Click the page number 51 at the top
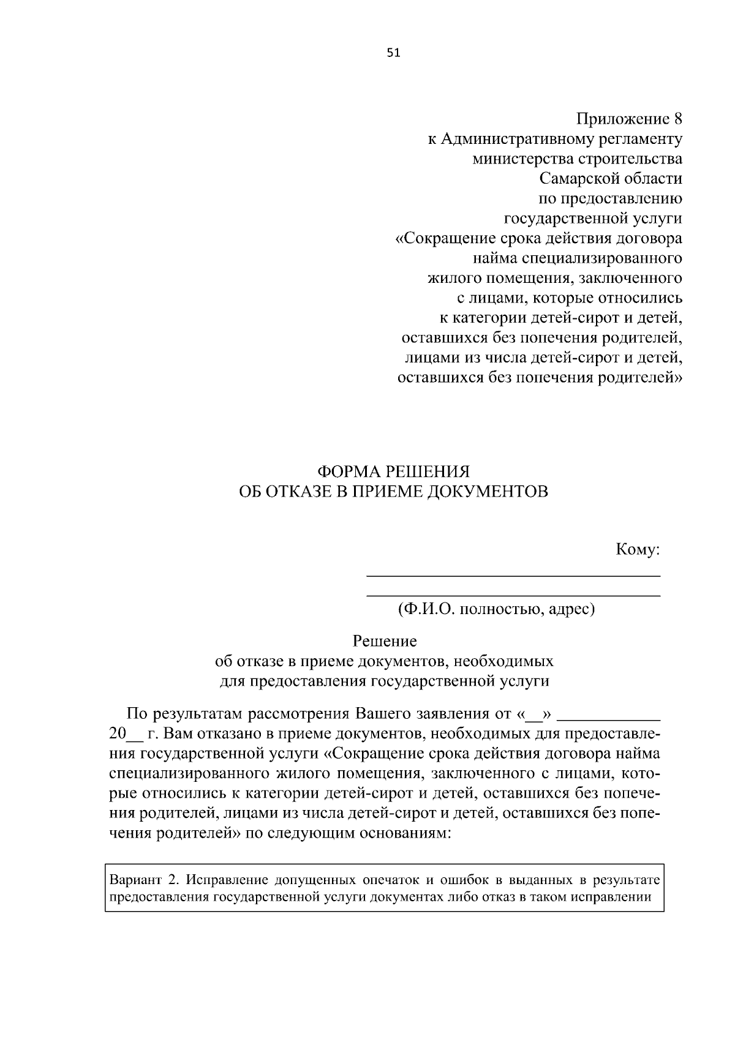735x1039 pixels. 393,53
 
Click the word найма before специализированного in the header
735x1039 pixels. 491,258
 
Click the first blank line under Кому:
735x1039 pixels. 513,576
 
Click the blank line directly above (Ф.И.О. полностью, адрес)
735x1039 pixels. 513,595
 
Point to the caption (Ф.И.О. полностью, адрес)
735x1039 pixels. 496,610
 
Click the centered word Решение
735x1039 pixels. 385,641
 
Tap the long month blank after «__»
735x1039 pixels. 611,715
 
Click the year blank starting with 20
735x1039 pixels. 125,734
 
